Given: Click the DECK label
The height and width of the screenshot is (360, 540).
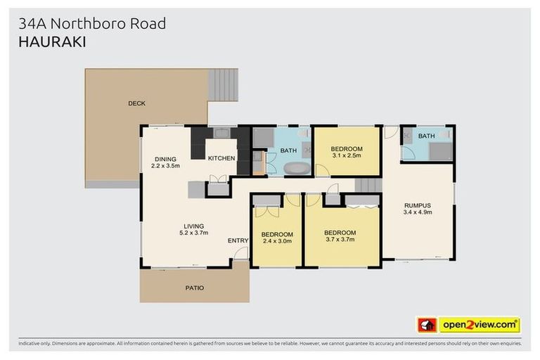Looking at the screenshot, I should [136, 103].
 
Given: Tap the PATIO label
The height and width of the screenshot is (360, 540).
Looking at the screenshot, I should [194, 288].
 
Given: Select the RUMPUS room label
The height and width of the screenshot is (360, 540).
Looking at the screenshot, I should [418, 205].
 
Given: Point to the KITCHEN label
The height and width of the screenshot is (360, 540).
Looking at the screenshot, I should [221, 158].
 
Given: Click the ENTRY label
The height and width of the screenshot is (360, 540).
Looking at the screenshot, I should [238, 241].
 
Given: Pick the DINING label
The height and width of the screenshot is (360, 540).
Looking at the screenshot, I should [166, 159].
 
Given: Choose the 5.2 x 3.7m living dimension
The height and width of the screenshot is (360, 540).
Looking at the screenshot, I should [194, 233].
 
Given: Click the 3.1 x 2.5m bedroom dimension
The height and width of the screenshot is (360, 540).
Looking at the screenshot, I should [347, 155].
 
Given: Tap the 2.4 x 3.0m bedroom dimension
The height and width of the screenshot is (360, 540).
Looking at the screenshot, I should [276, 241].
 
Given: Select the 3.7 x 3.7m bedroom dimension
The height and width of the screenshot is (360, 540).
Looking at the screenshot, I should [340, 240].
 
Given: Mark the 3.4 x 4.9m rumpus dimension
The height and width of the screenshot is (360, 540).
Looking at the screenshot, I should [418, 212].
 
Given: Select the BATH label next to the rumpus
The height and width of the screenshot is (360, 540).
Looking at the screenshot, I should [426, 136].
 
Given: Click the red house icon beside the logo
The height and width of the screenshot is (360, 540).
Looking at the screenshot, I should [427, 325].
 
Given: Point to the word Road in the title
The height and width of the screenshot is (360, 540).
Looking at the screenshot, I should [147, 23].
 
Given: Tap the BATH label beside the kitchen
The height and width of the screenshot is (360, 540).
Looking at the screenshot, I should [288, 150].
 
